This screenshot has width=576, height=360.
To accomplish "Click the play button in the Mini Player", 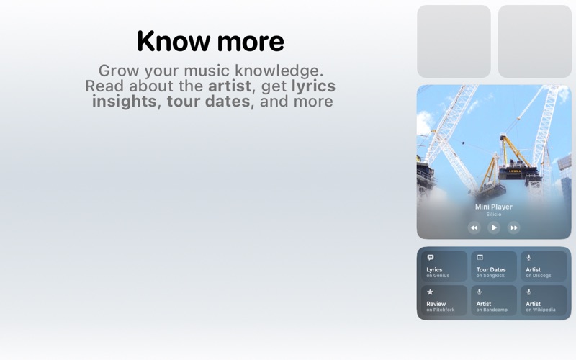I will tap(494, 228).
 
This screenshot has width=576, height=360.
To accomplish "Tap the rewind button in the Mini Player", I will tap(474, 228).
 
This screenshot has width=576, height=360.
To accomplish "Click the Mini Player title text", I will tap(494, 207).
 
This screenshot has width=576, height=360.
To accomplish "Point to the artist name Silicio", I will tap(494, 215).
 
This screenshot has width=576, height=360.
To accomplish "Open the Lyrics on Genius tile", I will tap(444, 266).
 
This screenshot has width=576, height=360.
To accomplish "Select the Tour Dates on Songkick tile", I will tap(494, 266).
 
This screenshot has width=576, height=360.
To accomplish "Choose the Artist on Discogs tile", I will tap(544, 266).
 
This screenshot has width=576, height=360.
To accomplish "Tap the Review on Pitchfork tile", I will tap(444, 300).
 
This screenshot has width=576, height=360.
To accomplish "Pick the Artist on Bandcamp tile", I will tap(494, 300).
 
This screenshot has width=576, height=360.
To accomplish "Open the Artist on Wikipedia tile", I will tap(544, 300).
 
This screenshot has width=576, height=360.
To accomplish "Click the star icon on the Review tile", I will tap(431, 292).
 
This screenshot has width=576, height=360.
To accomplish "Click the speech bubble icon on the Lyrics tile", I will tap(431, 258).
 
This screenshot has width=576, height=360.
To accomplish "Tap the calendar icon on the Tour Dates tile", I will tap(480, 258).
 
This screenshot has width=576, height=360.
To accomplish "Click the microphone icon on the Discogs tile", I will tap(529, 258).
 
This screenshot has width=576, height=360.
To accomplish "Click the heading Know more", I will tap(210, 41).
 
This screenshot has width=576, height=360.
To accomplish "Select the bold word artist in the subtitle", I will tap(230, 86).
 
